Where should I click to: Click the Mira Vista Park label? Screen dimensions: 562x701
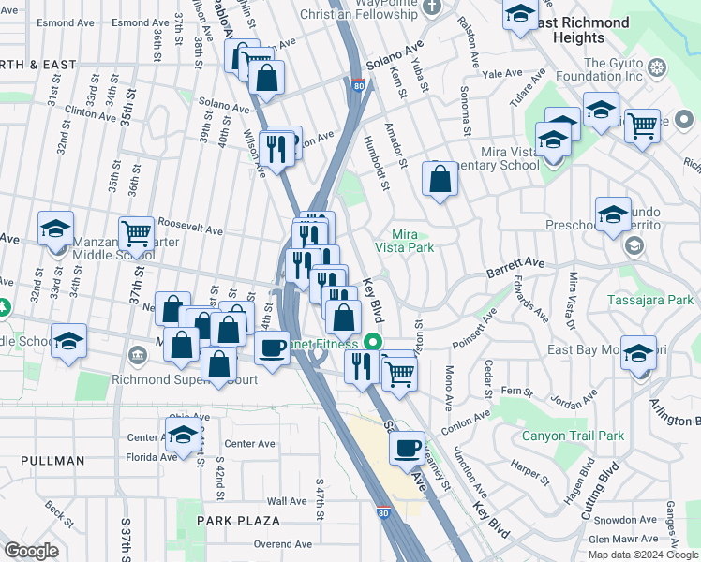(405, 241)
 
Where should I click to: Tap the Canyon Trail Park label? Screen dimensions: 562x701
(572, 436)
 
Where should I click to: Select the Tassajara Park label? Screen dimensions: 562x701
(662, 300)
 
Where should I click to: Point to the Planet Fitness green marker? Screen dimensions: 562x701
(373, 343)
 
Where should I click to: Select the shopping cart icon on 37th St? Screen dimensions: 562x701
(136, 231)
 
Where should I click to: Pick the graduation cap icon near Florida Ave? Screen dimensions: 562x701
(183, 434)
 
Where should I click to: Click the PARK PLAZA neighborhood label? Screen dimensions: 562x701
(238, 520)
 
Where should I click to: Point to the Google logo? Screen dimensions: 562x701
(31, 551)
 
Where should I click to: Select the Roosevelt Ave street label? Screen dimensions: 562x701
(190, 228)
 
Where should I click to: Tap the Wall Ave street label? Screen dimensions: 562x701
(287, 501)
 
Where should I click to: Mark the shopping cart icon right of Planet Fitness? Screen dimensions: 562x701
(399, 373)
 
